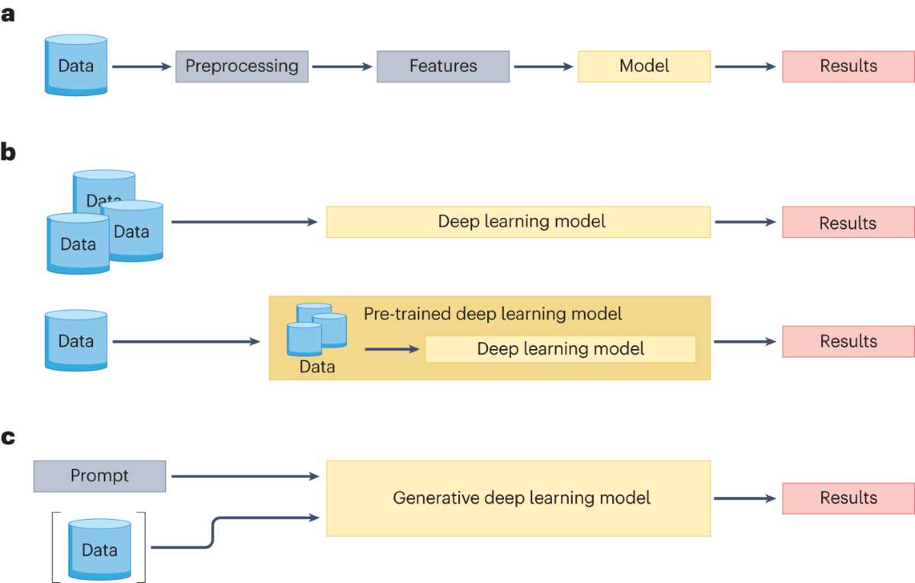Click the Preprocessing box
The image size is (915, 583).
tap(242, 66)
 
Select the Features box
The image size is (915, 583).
tap(443, 66)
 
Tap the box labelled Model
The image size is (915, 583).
tap(644, 66)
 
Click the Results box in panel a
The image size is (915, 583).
tap(849, 66)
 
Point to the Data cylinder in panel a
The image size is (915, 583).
tap(76, 66)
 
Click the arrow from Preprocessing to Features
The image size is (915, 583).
tap(342, 66)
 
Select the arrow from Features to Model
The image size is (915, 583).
tap(543, 66)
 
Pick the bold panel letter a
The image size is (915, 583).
tap(8, 14)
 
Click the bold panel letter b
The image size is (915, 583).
tap(8, 152)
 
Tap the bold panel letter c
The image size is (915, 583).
tap(8, 437)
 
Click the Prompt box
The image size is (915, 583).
tap(100, 476)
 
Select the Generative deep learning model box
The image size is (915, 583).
tap(518, 498)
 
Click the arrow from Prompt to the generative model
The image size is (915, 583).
tap(245, 476)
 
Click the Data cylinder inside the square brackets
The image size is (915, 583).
tap(100, 549)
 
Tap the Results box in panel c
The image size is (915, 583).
tap(849, 498)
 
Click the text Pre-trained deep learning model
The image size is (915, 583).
tap(493, 314)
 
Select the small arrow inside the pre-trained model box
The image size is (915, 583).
tap(392, 349)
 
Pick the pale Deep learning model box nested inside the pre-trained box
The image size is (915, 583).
tap(560, 349)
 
